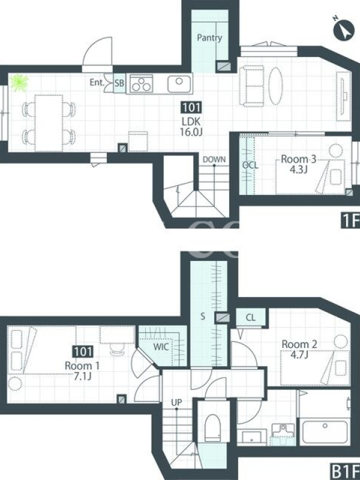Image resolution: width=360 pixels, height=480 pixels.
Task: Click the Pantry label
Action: [x=209, y=38]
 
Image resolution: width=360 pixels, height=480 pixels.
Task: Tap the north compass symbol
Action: [x=344, y=29]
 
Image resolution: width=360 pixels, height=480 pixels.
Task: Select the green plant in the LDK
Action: [x=19, y=82]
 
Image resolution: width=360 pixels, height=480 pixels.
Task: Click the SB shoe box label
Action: [x=119, y=83]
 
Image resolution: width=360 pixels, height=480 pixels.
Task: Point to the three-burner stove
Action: [x=141, y=84]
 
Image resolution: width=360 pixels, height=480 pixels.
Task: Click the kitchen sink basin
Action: [x=179, y=83]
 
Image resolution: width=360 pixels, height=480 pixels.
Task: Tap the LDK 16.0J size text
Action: [x=192, y=131]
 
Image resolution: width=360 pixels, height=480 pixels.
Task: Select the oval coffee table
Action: [x=275, y=86]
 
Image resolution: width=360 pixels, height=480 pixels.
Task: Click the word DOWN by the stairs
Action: [x=214, y=160]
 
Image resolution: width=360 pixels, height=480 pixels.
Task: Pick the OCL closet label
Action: [x=250, y=166]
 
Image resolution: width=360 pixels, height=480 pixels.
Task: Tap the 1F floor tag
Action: [x=350, y=221]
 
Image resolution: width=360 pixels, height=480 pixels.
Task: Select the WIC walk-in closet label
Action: [x=161, y=347]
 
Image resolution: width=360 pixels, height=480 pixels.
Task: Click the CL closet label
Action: [x=250, y=317]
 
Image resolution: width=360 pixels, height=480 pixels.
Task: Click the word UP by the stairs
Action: [x=176, y=402]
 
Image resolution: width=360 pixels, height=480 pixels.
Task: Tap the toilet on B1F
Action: [x=213, y=428]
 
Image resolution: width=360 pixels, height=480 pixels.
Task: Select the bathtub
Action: [x=325, y=432]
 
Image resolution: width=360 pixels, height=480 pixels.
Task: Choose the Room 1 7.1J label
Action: [x=82, y=371]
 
